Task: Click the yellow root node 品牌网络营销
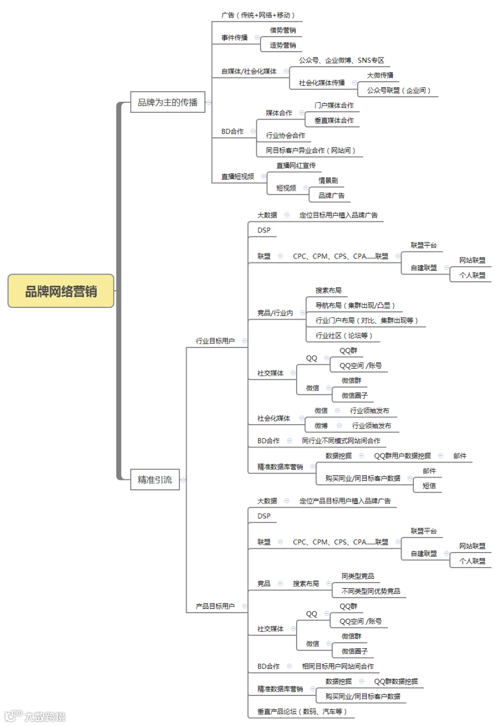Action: pyautogui.click(x=61, y=291)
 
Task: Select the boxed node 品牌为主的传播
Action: pyautogui.click(x=168, y=102)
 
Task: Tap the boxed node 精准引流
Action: pyautogui.click(x=155, y=479)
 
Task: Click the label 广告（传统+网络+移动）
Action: pyautogui.click(x=258, y=15)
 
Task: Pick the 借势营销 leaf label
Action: pyautogui.click(x=283, y=30)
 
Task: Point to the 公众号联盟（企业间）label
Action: pyautogui.click(x=399, y=90)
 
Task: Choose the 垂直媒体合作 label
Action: pyautogui.click(x=334, y=120)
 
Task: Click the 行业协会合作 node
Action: pyautogui.click(x=286, y=135)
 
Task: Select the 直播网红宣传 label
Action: pyautogui.click(x=296, y=165)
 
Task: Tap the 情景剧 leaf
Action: pyautogui.click(x=328, y=180)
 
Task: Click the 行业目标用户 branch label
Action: pyautogui.click(x=215, y=341)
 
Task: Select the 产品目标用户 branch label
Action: pyautogui.click(x=215, y=606)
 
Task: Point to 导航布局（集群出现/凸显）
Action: pyautogui.click(x=355, y=305)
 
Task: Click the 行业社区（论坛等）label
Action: pyautogui.click(x=343, y=335)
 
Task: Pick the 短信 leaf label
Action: pyautogui.click(x=429, y=485)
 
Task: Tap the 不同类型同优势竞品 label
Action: pyautogui.click(x=371, y=591)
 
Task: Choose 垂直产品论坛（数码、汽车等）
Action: pyautogui.click(x=302, y=712)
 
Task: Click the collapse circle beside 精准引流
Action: pyautogui.click(x=183, y=480)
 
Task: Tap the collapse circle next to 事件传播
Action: pyautogui.click(x=257, y=37)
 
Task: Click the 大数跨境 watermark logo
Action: pyautogui.click(x=35, y=715)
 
